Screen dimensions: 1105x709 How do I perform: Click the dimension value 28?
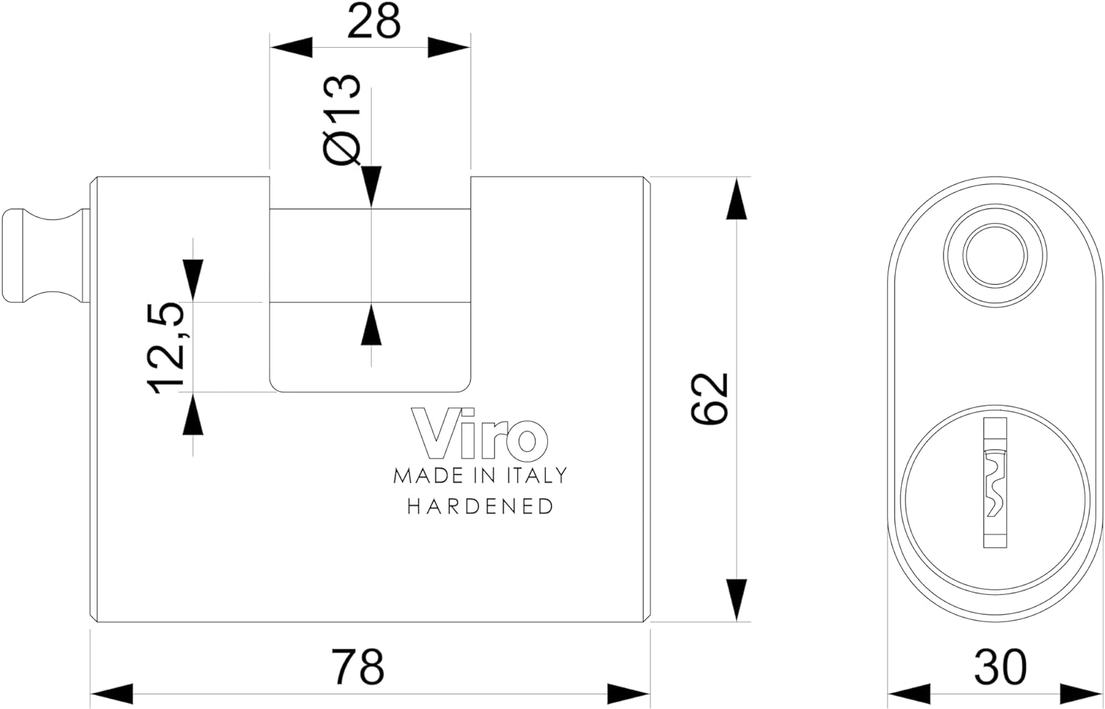coord(373,21)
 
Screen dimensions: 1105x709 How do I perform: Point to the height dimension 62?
coord(709,398)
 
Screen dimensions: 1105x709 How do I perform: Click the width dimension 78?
coord(357,666)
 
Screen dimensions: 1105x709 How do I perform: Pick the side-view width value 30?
coord(1000,666)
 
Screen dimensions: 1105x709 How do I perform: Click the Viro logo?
coord(480,432)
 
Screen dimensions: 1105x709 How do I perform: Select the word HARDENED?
coord(480,507)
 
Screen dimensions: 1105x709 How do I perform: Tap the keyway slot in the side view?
coord(995,482)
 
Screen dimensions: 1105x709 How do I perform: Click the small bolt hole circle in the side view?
coord(995,255)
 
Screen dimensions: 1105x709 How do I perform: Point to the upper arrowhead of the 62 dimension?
coord(737,199)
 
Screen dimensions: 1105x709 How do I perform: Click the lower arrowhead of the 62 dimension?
coord(737,599)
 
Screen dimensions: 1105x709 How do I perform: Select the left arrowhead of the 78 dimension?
coord(112,694)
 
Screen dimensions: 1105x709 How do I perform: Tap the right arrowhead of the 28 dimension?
coord(449,47)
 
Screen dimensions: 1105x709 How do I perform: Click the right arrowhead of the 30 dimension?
coord(1081,694)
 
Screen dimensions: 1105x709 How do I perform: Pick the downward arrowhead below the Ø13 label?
coord(371,186)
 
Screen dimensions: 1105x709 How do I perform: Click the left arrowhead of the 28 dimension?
coord(291,47)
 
